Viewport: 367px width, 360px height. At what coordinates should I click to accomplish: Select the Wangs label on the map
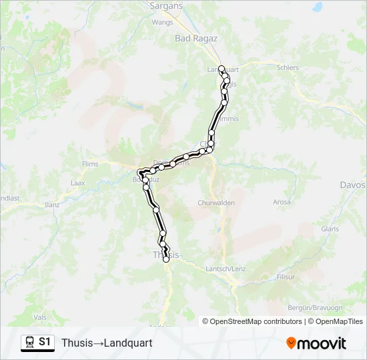pyautogui.click(x=163, y=21)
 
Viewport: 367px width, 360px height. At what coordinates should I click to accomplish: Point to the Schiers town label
pyautogui.click(x=288, y=67)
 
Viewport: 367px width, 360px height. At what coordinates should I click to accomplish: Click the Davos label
pyautogui.click(x=352, y=185)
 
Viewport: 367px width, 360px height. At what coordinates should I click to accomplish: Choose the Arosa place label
pyautogui.click(x=282, y=202)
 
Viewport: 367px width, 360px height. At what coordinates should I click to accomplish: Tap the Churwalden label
pyautogui.click(x=213, y=202)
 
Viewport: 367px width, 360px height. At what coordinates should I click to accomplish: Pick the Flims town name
pyautogui.click(x=89, y=164)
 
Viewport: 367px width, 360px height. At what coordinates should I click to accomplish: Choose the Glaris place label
pyautogui.click(x=330, y=229)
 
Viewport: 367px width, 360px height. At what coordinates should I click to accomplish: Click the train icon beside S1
pyautogui.click(x=29, y=343)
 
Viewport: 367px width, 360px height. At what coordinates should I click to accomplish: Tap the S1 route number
pyautogui.click(x=45, y=343)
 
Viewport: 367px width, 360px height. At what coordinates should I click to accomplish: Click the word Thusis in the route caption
pyautogui.click(x=75, y=343)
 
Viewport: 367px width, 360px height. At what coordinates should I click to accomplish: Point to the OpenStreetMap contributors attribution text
pyautogui.click(x=256, y=321)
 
